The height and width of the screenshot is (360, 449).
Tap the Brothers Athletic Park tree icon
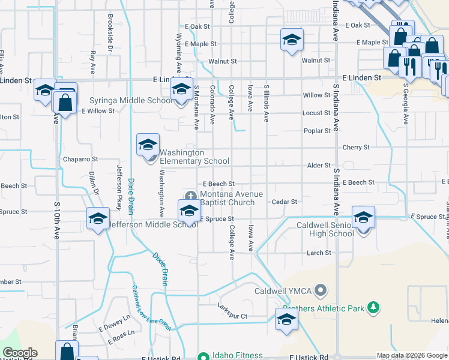(373, 308)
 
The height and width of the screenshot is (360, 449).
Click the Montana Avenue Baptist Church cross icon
(191, 195)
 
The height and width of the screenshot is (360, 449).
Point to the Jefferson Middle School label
(152, 224)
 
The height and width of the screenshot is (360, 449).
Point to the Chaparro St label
(80, 160)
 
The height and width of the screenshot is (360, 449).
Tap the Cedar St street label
(285, 202)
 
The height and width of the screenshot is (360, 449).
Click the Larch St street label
(319, 253)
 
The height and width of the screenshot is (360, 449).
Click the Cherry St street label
(356, 147)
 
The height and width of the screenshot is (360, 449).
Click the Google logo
(20, 353)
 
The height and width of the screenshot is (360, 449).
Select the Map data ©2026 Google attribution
(412, 355)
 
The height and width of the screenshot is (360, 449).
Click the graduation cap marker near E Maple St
(292, 40)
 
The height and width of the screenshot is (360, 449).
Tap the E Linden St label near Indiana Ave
(361, 78)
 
